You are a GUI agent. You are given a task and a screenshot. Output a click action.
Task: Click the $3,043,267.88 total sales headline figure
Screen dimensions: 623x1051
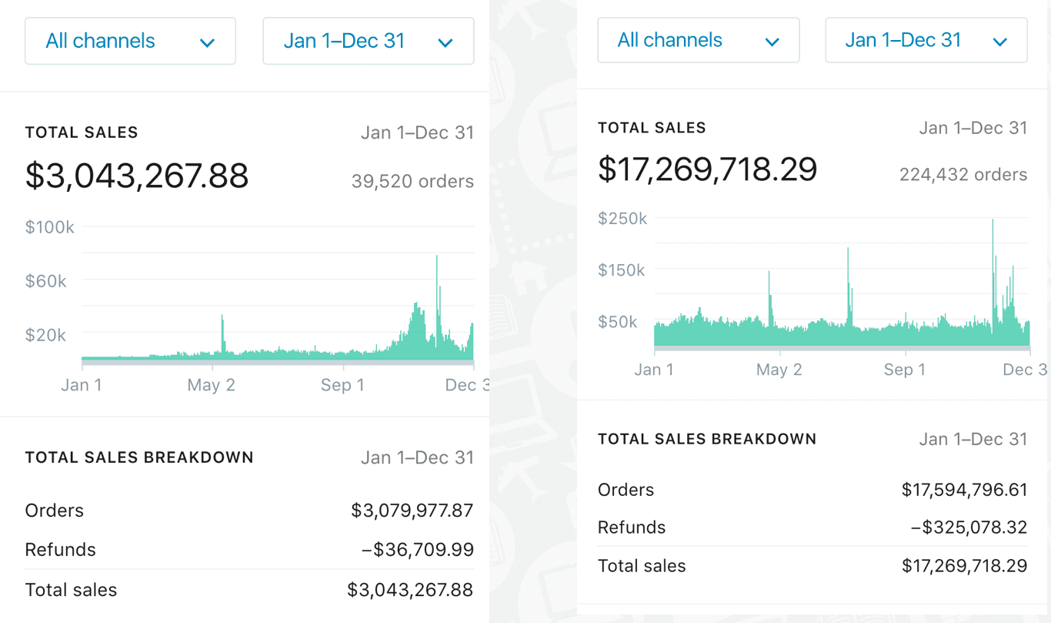(x=137, y=176)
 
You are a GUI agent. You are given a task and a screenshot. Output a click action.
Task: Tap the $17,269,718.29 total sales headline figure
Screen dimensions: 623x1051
(x=707, y=169)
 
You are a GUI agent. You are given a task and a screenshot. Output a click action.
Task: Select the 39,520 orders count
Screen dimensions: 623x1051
(x=412, y=182)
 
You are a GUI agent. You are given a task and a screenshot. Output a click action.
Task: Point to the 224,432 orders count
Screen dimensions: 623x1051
(x=963, y=175)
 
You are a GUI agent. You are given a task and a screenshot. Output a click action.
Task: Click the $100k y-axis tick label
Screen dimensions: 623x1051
(x=50, y=227)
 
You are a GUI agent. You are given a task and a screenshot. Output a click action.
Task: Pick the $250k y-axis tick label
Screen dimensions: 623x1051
(x=622, y=219)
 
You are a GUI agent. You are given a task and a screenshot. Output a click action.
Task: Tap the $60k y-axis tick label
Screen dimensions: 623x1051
(x=46, y=281)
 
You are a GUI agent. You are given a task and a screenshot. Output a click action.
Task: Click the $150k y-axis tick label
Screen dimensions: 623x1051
(x=622, y=270)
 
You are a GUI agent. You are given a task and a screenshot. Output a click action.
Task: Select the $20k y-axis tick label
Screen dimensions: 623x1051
(x=46, y=335)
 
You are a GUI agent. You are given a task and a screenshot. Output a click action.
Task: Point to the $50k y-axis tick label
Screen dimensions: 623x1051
(x=618, y=322)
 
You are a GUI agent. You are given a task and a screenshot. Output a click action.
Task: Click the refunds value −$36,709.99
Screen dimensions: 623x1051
(x=417, y=550)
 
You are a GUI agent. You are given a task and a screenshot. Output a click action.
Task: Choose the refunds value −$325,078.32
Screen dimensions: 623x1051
(x=969, y=528)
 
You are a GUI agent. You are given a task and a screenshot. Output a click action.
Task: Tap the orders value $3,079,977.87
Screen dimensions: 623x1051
(x=412, y=511)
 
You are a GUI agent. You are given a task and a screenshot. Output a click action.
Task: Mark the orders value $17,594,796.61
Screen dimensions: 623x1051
(x=964, y=490)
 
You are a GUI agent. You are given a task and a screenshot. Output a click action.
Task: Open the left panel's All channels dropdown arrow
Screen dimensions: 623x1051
(x=207, y=42)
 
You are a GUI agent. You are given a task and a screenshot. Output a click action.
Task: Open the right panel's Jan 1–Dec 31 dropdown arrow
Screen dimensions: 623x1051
(x=1000, y=42)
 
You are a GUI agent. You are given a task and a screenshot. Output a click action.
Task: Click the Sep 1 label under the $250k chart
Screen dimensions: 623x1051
(x=904, y=370)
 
